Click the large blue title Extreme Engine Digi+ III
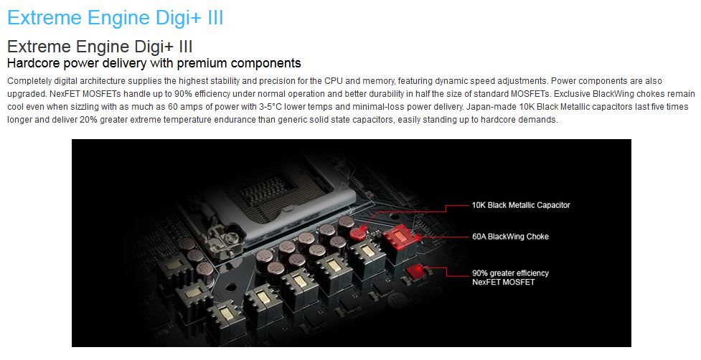[x=116, y=17]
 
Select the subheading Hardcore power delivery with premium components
[x=154, y=63]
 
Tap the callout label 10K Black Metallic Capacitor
[x=521, y=205]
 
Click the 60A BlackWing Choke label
[x=510, y=236]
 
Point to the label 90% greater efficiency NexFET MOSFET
[x=510, y=278]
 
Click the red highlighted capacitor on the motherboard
[x=357, y=232]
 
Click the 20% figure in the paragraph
[x=88, y=120]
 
